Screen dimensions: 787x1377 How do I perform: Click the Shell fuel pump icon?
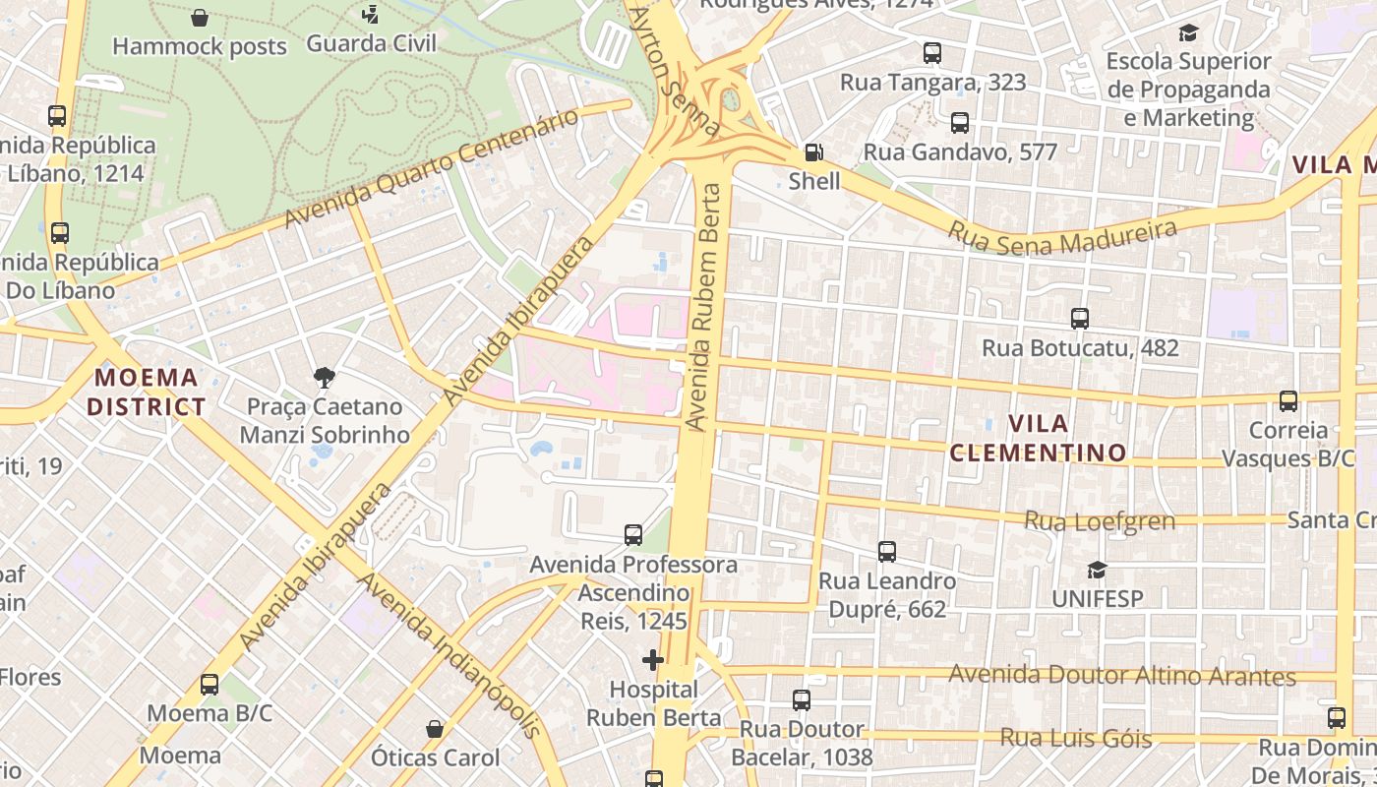pyautogui.click(x=813, y=152)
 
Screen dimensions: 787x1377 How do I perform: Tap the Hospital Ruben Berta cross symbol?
pyautogui.click(x=652, y=659)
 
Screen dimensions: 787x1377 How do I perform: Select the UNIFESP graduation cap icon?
pyautogui.click(x=1097, y=570)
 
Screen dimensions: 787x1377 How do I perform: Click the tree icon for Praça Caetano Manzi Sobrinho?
pyautogui.click(x=324, y=377)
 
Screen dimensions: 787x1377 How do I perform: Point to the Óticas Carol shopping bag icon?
pyautogui.click(x=435, y=729)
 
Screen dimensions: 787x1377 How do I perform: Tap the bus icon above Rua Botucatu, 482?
pyautogui.click(x=1080, y=319)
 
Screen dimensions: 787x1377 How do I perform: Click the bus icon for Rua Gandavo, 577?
pyautogui.click(x=960, y=123)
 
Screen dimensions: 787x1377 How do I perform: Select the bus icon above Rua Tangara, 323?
pyautogui.click(x=932, y=53)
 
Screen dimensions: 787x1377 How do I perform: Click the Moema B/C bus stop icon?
pyautogui.click(x=210, y=685)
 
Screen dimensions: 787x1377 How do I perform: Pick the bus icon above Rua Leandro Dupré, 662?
pyautogui.click(x=887, y=552)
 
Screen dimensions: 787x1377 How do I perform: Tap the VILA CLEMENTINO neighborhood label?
pyautogui.click(x=1039, y=438)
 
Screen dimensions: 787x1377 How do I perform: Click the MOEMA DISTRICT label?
pyautogui.click(x=147, y=392)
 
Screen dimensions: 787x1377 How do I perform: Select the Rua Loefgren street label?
pyautogui.click(x=1100, y=520)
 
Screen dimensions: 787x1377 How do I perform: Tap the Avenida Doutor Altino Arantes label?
pyautogui.click(x=1122, y=676)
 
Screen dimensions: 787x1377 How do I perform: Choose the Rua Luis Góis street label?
pyautogui.click(x=1075, y=738)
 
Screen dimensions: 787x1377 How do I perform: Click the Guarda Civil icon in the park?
pyautogui.click(x=370, y=15)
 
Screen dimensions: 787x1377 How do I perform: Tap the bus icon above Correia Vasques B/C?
pyautogui.click(x=1288, y=401)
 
